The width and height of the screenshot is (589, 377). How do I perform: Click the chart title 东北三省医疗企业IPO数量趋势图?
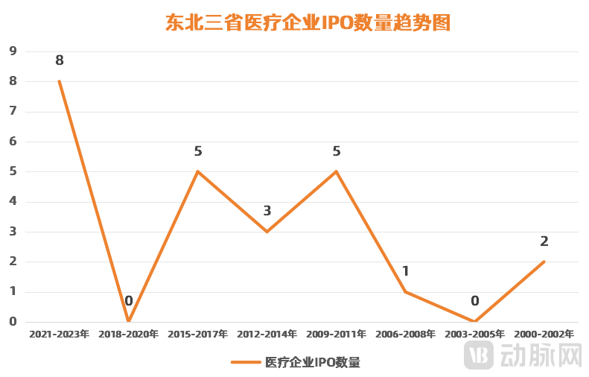pos(308,22)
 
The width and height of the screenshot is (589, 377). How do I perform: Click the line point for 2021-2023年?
pos(59,81)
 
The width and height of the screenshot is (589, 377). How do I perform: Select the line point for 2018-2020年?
pos(128,321)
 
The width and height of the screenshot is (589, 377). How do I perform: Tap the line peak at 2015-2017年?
pos(197,171)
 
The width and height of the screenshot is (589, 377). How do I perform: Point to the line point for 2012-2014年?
pos(267,232)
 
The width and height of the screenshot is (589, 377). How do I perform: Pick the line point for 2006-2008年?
pos(405,291)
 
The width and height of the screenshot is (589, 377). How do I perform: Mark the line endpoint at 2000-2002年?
pos(544,262)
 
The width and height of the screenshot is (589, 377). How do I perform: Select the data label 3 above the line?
pos(267,211)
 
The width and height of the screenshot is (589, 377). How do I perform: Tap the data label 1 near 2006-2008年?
pos(406,271)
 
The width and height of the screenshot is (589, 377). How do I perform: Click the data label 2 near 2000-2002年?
pos(544,241)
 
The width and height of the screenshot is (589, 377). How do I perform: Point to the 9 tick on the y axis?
pos(13,51)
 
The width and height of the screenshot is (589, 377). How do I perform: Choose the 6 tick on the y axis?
pos(13,142)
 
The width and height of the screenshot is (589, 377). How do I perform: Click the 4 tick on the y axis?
pos(13,202)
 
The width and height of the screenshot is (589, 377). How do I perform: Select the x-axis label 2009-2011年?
pos(336,335)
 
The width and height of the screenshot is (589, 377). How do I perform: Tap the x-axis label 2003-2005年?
pos(475,335)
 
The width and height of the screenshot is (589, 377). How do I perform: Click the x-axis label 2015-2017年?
pos(197,335)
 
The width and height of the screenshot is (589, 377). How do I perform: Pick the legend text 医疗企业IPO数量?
pos(313,363)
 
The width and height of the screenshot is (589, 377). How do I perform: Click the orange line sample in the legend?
pos(245,363)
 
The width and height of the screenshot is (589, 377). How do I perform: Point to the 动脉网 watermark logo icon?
pos(479,355)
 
